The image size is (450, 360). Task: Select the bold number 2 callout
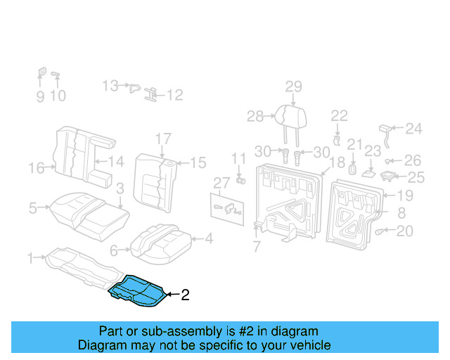pos(186,295)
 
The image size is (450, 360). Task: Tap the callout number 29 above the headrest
pos(293,86)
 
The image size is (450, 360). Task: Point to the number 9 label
pos(40,96)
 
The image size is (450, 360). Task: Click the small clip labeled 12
pos(151,94)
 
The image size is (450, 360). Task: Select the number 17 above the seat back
pos(163,139)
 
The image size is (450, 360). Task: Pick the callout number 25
pos(416,177)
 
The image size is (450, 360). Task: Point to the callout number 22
pos(339,115)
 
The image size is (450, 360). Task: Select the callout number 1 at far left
pos(30,259)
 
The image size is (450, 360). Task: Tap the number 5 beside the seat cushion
pos(32,208)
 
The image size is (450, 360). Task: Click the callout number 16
pos(37,167)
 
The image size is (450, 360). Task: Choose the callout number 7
pos(257,247)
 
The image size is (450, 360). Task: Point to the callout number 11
pos(239,158)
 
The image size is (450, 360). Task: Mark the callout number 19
pos(406,196)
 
